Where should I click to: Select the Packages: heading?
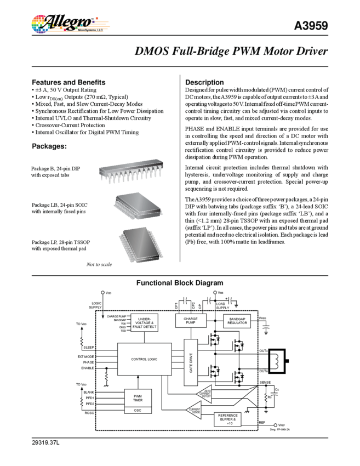49,146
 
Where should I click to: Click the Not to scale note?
99,265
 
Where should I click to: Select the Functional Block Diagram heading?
180,283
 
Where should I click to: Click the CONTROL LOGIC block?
144,359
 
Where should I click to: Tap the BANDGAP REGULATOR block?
237,321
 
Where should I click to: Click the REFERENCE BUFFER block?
230,419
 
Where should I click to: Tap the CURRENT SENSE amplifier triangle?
194,408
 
